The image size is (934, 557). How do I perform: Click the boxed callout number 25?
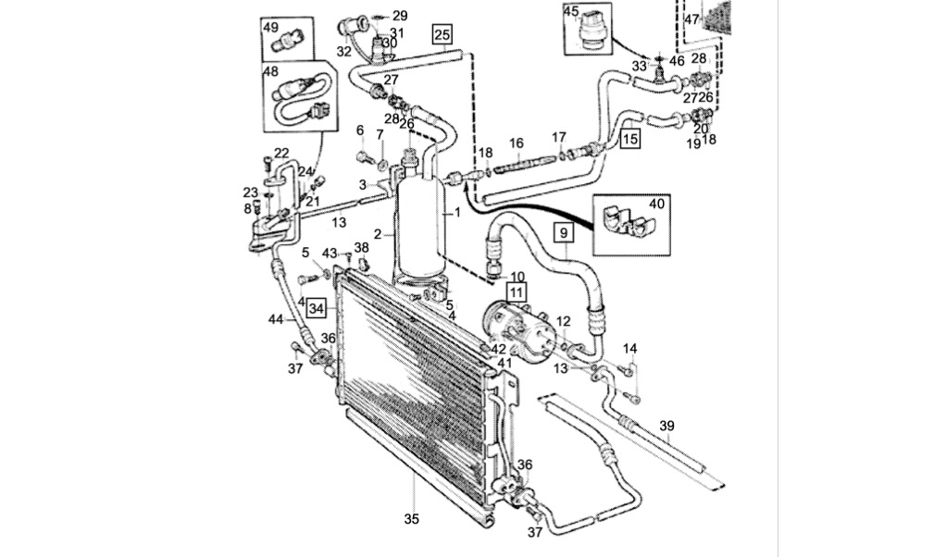click(x=442, y=34)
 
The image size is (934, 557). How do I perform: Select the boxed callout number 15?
click(x=629, y=139)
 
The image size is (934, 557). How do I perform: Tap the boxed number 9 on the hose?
click(x=564, y=232)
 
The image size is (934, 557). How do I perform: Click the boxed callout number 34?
click(x=318, y=308)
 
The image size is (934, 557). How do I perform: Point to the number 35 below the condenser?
click(x=412, y=519)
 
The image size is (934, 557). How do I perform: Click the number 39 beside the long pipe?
click(x=666, y=427)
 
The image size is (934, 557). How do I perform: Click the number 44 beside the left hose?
click(x=276, y=319)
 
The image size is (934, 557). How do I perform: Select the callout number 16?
click(x=516, y=143)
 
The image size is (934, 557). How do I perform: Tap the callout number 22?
click(x=281, y=153)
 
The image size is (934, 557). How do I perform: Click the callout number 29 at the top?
click(x=400, y=16)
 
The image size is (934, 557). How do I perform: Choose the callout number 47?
click(x=691, y=19)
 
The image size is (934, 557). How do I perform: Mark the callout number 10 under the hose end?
click(x=517, y=277)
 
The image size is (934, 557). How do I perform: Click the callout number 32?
click(x=343, y=51)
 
